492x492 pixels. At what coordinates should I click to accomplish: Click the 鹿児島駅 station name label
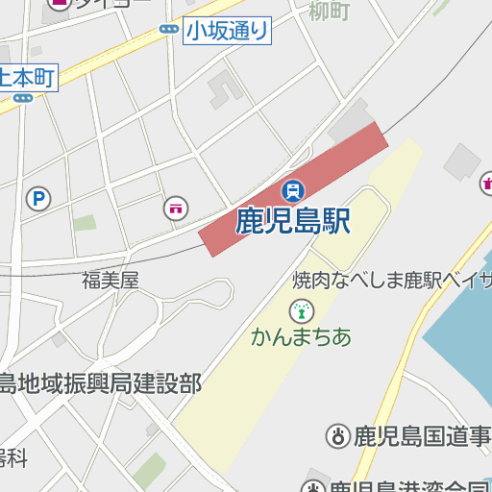point(293,222)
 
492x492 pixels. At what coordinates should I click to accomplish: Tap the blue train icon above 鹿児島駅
point(293,190)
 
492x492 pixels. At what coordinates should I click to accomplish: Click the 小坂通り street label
point(228,31)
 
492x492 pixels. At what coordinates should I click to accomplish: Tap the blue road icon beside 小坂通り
point(169,31)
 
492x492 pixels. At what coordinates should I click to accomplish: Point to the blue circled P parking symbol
point(38,199)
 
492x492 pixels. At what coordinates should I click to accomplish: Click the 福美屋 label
point(111,281)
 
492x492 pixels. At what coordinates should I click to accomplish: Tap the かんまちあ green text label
point(302,337)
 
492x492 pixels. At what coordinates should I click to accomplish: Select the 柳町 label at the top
point(330,12)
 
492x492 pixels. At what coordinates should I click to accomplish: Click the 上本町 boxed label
point(29,77)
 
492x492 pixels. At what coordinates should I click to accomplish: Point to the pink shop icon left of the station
point(176,208)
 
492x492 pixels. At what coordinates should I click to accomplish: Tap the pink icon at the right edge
point(486,181)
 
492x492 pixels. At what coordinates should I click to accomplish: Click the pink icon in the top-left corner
point(57,4)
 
